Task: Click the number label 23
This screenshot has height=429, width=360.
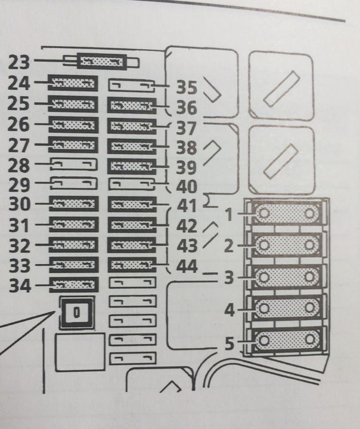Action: pyautogui.click(x=19, y=62)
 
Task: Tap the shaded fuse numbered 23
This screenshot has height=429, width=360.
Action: pyautogui.click(x=102, y=62)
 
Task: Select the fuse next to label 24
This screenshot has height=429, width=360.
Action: pyautogui.click(x=73, y=83)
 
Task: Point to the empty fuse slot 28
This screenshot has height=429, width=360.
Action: pyautogui.click(x=74, y=164)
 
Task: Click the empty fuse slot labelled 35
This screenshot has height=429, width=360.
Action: pyautogui.click(x=132, y=85)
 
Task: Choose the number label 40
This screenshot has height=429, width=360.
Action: pyautogui.click(x=187, y=186)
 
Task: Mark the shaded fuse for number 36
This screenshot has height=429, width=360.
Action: pyautogui.click(x=132, y=106)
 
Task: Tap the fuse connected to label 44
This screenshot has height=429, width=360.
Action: pyautogui.click(x=132, y=265)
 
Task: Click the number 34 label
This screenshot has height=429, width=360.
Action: pyautogui.click(x=19, y=286)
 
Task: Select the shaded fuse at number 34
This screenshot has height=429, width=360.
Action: pyautogui.click(x=74, y=285)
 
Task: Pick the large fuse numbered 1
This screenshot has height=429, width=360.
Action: pyautogui.click(x=287, y=213)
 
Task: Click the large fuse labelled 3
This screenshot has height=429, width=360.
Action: pyautogui.click(x=287, y=277)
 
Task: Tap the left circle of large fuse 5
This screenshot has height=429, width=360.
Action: pyautogui.click(x=264, y=340)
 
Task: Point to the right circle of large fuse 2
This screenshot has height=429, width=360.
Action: pyautogui.click(x=310, y=245)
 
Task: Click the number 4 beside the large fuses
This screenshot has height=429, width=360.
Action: pyautogui.click(x=230, y=310)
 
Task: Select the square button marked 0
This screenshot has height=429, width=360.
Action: pyautogui.click(x=77, y=312)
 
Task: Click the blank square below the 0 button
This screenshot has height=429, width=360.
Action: pyautogui.click(x=80, y=352)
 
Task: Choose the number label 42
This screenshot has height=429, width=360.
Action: pyautogui.click(x=187, y=226)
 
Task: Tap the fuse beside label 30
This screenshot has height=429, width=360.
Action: pyautogui.click(x=74, y=204)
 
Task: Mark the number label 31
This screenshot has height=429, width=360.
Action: pyautogui.click(x=19, y=225)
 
